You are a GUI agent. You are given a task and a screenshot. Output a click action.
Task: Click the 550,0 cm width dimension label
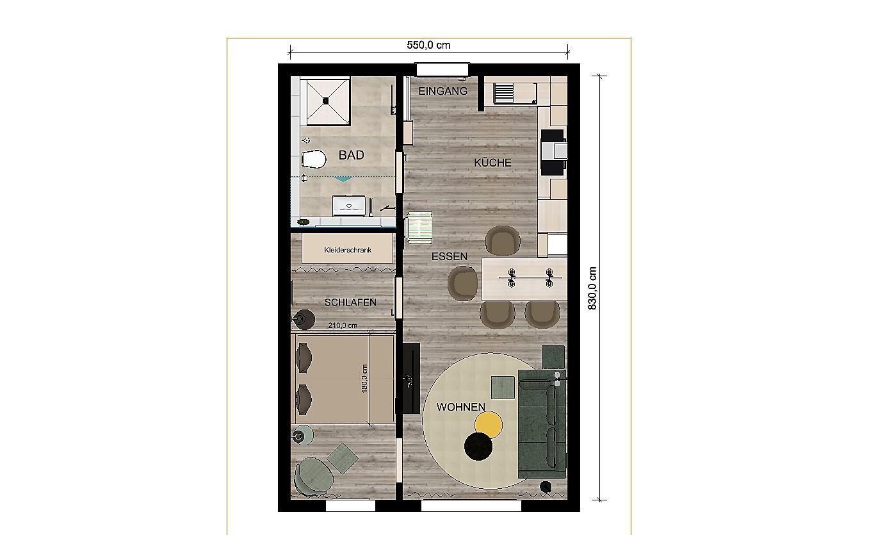pyautogui.click(x=428, y=45)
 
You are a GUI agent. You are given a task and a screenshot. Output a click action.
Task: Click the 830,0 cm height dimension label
pyautogui.click(x=592, y=288)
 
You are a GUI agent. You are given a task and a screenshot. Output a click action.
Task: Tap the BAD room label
pyautogui.click(x=351, y=155)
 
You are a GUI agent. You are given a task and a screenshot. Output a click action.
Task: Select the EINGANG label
pyautogui.click(x=442, y=91)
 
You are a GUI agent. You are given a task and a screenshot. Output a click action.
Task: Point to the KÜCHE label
pyautogui.click(x=492, y=162)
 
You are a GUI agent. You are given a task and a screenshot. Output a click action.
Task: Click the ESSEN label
pyautogui.click(x=450, y=256)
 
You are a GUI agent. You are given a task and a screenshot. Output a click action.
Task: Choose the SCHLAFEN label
pyautogui.click(x=350, y=302)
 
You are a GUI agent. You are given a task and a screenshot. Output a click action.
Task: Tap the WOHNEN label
pyautogui.click(x=460, y=407)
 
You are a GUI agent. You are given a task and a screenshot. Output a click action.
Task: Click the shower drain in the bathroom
pyautogui.click(x=325, y=101)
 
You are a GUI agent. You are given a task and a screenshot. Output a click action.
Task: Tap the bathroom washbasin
pyautogui.click(x=349, y=206)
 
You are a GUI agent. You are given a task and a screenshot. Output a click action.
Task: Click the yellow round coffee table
pyautogui.click(x=489, y=425)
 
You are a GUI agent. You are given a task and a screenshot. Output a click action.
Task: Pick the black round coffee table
pyautogui.click(x=478, y=447)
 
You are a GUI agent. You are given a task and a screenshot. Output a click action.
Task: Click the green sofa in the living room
pyautogui.click(x=542, y=424)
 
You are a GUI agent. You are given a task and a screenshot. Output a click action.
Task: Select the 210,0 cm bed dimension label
pyautogui.click(x=343, y=325)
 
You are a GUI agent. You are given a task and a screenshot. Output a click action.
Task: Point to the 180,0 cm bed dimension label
pyautogui.click(x=364, y=379)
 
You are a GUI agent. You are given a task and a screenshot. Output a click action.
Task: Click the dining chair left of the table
pyautogui.click(x=462, y=283)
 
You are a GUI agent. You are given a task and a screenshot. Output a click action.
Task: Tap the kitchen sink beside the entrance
pyautogui.click(x=504, y=94)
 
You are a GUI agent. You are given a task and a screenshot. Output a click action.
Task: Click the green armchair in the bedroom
pyautogui.click(x=314, y=477)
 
